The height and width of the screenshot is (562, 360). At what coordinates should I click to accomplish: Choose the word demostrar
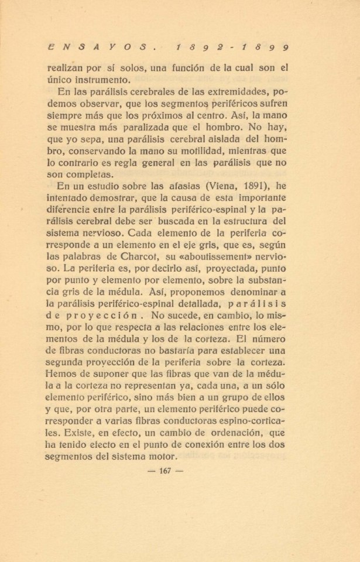coord(123,199)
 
